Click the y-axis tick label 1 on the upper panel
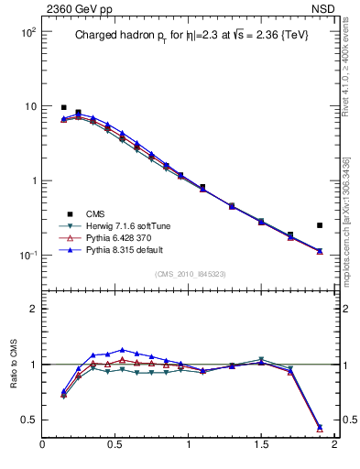[31, 181]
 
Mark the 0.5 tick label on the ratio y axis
[27, 420]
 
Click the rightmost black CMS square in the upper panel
[320, 224]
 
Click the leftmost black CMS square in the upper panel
[63, 107]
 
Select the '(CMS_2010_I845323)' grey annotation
[190, 274]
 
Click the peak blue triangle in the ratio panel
[122, 349]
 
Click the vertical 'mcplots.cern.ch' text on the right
[353, 238]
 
